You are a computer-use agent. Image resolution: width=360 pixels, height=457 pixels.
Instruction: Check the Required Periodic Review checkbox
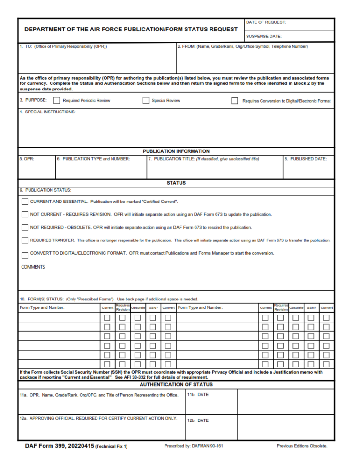coord(57,100)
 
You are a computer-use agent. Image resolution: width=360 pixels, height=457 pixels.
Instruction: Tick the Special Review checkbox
coord(146,100)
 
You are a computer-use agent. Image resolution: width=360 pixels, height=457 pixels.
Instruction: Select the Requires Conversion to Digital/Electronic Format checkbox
coord(234,101)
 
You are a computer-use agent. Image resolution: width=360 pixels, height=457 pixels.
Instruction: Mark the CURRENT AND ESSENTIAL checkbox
coord(25,202)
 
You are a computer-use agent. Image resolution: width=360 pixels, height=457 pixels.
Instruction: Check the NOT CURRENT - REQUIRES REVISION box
coord(25,214)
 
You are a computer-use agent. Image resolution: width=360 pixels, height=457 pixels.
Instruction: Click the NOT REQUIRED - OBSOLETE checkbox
coord(25,227)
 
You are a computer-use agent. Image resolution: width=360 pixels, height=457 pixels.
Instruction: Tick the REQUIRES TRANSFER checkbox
coord(25,240)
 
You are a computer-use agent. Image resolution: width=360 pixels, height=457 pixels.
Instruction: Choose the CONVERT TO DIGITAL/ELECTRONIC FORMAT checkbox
coord(25,255)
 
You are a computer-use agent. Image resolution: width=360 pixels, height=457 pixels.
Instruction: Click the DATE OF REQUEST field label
coord(266,22)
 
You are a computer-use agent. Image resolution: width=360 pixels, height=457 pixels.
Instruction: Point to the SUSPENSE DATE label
coord(263,36)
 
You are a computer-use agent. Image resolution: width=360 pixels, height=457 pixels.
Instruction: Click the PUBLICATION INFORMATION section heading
coord(176,151)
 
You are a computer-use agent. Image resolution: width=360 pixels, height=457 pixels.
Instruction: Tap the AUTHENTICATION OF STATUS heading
coord(176,385)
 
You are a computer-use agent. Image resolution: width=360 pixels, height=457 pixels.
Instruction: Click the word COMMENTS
coord(33,267)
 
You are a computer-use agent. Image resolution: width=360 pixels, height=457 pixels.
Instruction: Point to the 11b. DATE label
coord(198,395)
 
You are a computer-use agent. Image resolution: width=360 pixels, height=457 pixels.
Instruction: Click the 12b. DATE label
coord(198,420)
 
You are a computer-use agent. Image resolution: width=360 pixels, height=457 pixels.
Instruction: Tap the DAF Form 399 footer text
coord(76,446)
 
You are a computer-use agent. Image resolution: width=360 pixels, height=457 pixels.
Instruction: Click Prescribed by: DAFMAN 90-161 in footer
coord(194,446)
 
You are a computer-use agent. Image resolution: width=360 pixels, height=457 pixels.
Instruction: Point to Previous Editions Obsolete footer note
coord(302,446)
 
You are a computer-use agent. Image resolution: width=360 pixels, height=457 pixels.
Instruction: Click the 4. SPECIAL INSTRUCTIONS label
coord(47,112)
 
